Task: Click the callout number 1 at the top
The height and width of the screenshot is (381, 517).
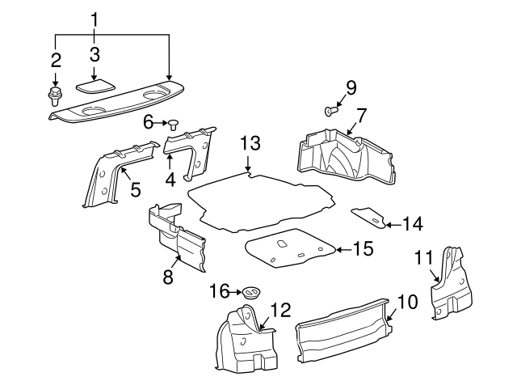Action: coord(95,18)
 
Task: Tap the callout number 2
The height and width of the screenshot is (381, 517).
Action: coord(56,59)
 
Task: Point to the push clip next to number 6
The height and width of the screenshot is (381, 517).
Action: coord(173,123)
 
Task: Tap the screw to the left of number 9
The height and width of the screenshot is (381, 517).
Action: coord(331,110)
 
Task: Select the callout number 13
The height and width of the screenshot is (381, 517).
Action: coord(251,144)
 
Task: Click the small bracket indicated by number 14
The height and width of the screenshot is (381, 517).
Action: coord(370,217)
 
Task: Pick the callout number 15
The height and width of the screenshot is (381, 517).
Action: coord(363,249)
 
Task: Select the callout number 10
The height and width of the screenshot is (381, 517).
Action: coord(408,303)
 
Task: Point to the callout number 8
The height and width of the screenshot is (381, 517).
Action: coord(168,277)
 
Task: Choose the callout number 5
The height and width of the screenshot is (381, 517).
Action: coord(135,190)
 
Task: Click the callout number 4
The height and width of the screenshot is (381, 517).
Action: coord(170,177)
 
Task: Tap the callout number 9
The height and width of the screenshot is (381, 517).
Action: coord(351,87)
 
